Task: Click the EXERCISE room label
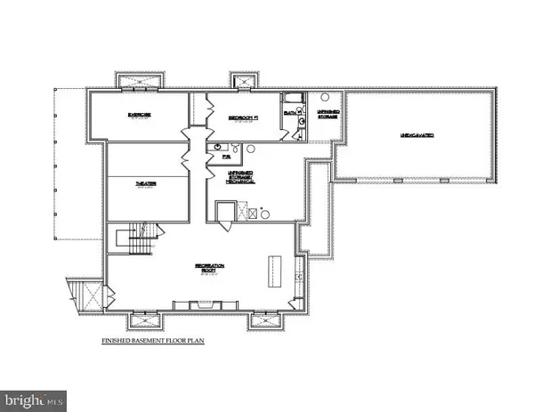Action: coord(137,115)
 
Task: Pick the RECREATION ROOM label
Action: coord(210,267)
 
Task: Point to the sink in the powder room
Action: coord(216,148)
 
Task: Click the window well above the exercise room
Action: coord(137,80)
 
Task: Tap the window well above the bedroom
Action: coord(240,80)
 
